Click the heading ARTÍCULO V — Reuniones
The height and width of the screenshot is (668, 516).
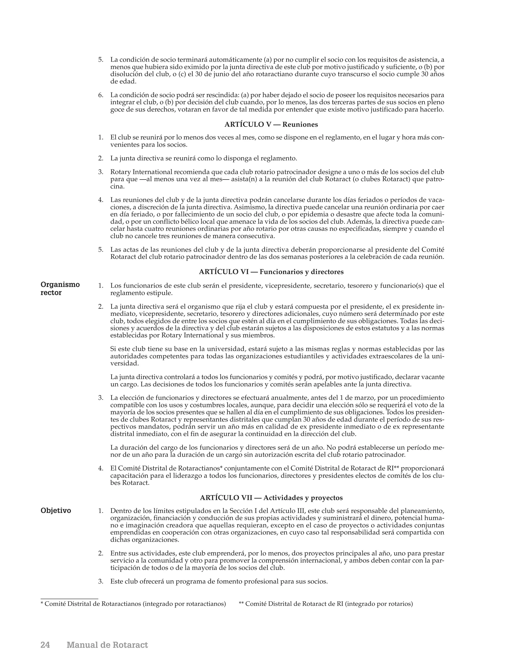271,125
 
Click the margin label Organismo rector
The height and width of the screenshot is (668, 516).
60,288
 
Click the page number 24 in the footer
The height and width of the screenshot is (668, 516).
45,645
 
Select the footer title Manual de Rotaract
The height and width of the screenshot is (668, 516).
107,645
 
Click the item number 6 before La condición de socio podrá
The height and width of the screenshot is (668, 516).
101,95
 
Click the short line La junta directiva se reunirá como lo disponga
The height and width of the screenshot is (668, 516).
203,159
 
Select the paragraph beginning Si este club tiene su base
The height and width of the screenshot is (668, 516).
277,356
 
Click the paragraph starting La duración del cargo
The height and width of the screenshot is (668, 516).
277,451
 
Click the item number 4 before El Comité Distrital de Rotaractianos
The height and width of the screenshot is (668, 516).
101,468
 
